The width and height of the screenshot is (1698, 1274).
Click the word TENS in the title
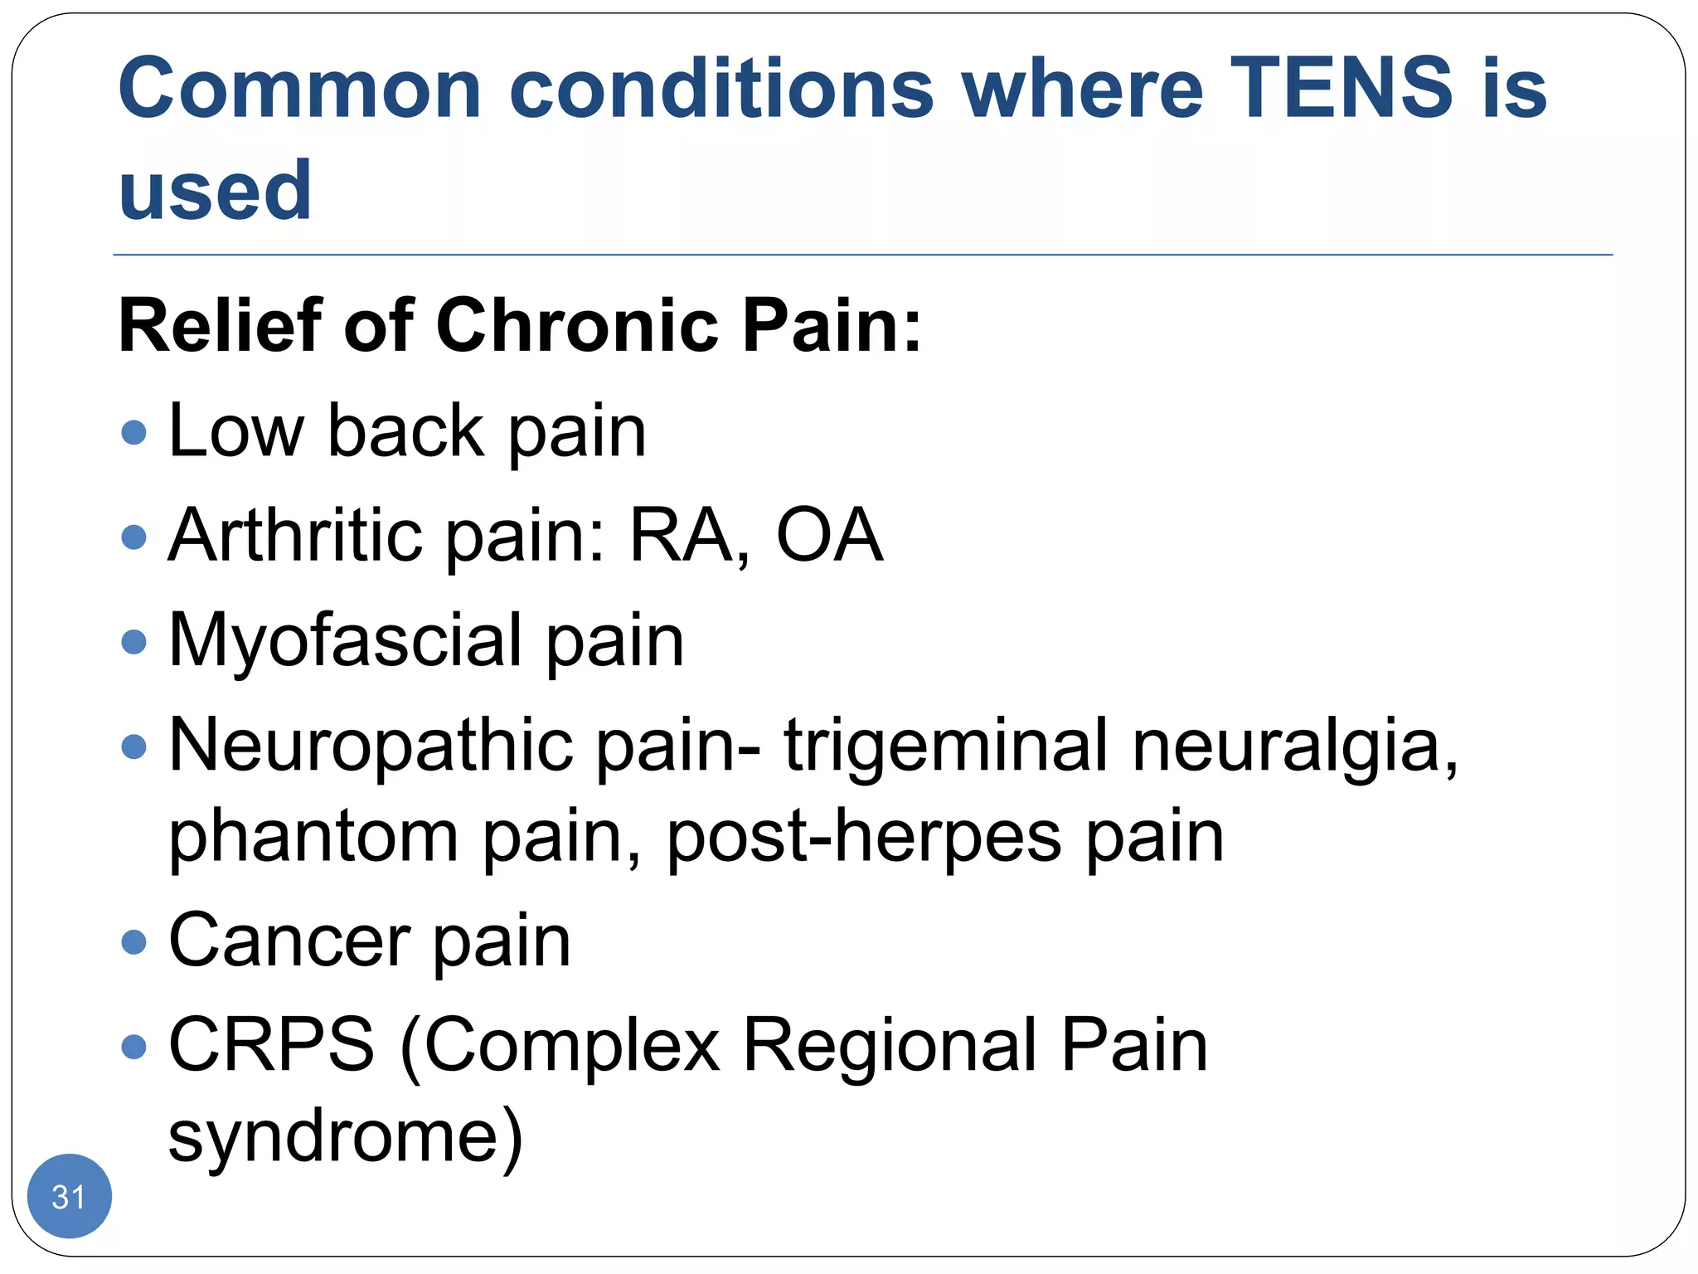tap(1341, 87)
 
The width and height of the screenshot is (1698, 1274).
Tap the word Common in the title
tap(299, 89)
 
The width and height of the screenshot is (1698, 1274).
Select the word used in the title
tap(215, 191)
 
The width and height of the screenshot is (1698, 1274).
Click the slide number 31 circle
tap(69, 1196)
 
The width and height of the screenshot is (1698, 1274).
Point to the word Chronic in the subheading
tap(577, 325)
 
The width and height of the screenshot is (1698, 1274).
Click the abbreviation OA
tap(829, 535)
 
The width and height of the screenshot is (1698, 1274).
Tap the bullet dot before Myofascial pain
tap(133, 641)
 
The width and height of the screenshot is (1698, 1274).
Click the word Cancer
tap(289, 941)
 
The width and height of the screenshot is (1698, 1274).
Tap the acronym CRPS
tap(271, 1045)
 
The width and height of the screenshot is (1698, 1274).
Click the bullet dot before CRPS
tap(133, 1046)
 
